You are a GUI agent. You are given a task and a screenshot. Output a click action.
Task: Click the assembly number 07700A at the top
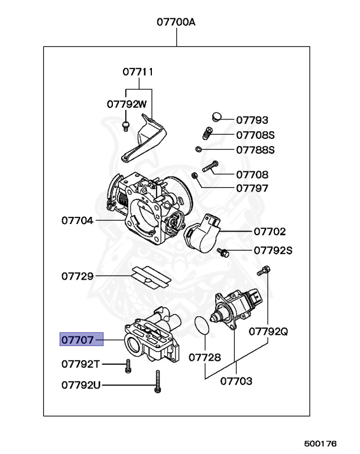[176, 22]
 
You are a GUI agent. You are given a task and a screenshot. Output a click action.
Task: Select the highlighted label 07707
[77, 339]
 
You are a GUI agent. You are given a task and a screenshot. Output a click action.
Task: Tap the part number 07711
[138, 72]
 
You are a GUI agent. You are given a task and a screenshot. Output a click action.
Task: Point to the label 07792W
[127, 103]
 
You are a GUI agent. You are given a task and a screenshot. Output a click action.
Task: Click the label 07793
[252, 119]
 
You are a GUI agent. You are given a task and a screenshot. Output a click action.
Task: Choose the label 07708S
[255, 135]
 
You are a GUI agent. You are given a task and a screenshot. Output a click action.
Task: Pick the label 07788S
[255, 150]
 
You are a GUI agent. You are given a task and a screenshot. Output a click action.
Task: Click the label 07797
[252, 189]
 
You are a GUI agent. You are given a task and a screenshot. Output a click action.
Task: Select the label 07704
[77, 220]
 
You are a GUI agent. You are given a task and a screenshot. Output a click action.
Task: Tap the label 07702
[270, 232]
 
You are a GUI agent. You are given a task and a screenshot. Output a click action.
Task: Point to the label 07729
[77, 276]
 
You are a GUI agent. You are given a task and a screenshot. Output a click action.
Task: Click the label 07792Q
[268, 331]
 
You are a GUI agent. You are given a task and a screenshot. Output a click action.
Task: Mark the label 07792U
[81, 385]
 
